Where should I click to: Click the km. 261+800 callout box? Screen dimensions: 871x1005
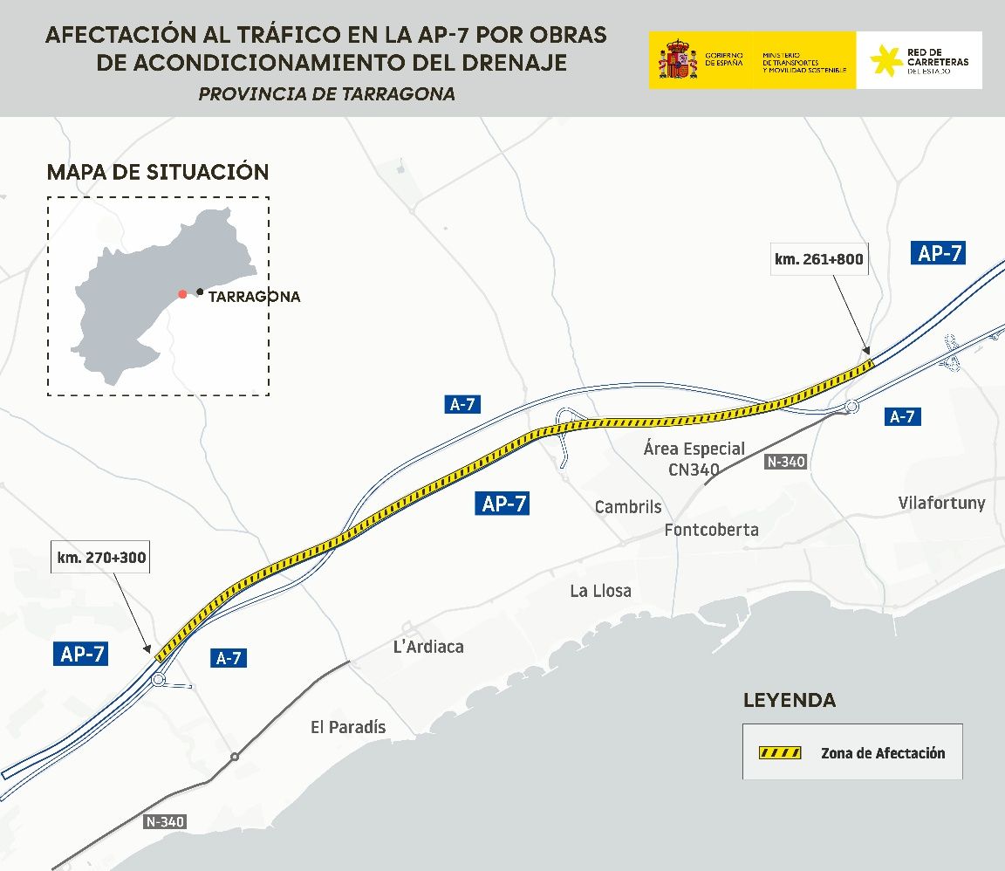point(820,259)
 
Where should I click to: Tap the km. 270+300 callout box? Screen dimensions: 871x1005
point(102,557)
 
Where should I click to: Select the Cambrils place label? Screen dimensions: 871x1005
point(627,507)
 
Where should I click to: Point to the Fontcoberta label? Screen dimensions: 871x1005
point(711,530)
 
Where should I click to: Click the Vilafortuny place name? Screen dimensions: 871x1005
point(941,503)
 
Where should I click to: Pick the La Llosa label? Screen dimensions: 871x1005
point(600,591)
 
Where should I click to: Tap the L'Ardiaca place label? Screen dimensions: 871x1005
point(428,647)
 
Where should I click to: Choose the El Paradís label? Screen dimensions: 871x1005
point(348,727)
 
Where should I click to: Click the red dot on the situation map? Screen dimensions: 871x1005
point(182,294)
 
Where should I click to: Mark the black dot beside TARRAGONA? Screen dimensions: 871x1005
point(200,291)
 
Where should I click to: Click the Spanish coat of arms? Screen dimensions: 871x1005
point(677,60)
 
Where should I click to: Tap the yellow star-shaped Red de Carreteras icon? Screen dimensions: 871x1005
point(885,60)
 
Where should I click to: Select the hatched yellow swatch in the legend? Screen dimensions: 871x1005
point(780,752)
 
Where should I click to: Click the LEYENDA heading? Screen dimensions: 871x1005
point(789,700)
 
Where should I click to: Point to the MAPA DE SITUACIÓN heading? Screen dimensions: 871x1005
point(158,172)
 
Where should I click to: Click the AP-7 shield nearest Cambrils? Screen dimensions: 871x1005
point(504,504)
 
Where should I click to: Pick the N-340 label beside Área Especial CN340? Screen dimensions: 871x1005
point(785,462)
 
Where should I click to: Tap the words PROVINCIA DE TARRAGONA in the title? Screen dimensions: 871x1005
point(326,94)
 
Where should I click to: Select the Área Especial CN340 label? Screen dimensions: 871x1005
point(694,459)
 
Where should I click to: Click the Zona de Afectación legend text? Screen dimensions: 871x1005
point(882,753)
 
